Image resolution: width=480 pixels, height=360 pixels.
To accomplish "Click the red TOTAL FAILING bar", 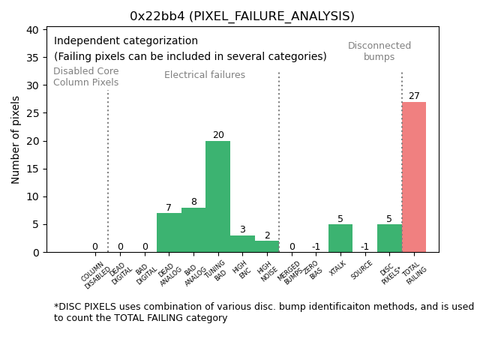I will (x=414, y=177).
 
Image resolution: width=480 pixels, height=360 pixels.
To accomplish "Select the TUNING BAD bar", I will (x=218, y=196).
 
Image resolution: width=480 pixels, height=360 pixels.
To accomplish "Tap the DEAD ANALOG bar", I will (x=169, y=232).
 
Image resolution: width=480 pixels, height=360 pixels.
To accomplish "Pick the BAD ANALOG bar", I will (x=193, y=229).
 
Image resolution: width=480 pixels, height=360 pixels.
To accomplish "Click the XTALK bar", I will (x=340, y=238).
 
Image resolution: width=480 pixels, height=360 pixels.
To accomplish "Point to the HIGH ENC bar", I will (x=242, y=244).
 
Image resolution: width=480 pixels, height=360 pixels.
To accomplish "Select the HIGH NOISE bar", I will (x=267, y=246).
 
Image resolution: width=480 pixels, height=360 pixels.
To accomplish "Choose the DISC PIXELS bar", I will (x=389, y=238).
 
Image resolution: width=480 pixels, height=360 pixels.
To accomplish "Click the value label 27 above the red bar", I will (x=414, y=96).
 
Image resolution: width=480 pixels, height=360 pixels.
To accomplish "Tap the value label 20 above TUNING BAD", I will (x=218, y=135).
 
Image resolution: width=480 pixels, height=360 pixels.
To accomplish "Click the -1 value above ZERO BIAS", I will (x=316, y=247).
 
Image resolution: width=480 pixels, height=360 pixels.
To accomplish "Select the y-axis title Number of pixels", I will (x=16, y=139).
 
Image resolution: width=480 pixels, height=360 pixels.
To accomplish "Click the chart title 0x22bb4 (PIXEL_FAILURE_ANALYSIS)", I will (x=242, y=16).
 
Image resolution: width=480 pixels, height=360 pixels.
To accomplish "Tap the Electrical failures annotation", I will (x=205, y=75).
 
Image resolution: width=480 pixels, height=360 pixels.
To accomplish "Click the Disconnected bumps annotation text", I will (x=379, y=51).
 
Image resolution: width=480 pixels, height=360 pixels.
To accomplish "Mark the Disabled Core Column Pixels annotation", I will (x=85, y=76).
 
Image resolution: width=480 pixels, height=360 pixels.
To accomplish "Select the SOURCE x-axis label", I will (x=363, y=271).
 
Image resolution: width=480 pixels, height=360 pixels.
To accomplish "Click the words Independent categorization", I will (x=126, y=41).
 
